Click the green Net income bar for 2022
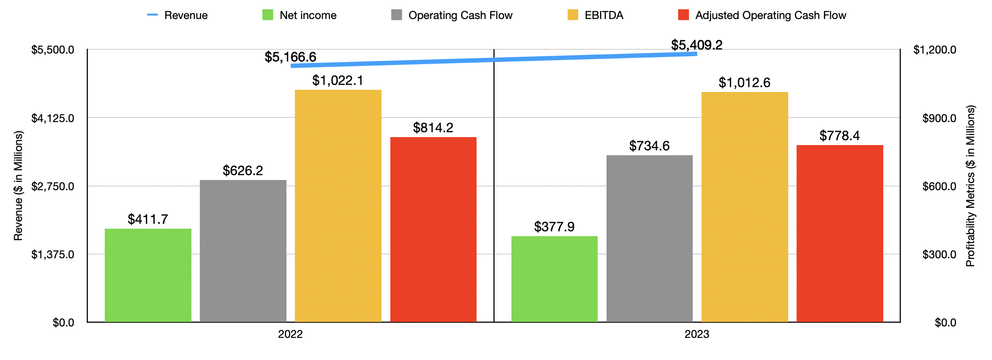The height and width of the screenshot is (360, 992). point(148,275)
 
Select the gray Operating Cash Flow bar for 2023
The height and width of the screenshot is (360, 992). point(649,238)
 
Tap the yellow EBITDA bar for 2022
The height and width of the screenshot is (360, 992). point(338,206)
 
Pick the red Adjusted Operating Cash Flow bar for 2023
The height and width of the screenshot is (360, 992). point(839,233)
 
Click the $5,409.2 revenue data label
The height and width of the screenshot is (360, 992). point(697,45)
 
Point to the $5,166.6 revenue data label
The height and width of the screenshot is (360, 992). point(290,57)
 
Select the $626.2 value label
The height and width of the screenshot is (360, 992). point(243,171)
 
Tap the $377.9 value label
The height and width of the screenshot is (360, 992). point(554,227)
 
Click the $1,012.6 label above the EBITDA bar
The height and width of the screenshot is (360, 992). point(744,83)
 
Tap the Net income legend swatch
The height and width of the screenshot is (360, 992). point(268,15)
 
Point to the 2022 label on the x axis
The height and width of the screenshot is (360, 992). point(290,334)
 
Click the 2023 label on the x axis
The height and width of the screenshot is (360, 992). point(697,334)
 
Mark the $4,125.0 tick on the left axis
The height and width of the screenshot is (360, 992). point(53,118)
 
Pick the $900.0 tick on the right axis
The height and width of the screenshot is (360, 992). point(939,118)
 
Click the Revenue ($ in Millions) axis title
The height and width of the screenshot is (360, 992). point(18,186)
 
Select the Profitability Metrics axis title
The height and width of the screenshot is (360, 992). point(970,186)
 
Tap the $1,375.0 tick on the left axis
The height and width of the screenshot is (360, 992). point(53,254)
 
